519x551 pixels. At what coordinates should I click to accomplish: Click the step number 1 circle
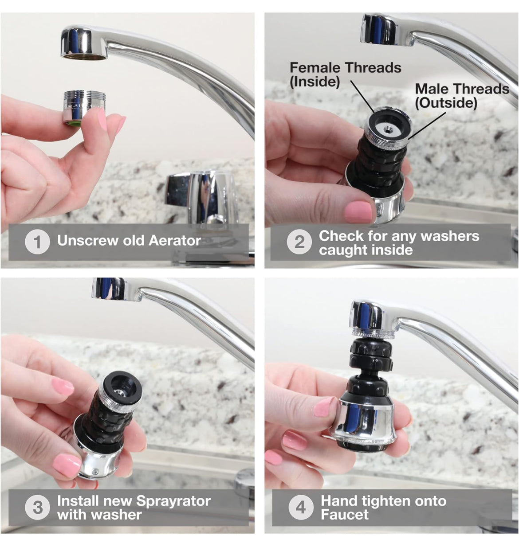click(x=37, y=242)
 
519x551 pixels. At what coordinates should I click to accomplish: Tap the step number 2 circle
click(x=299, y=242)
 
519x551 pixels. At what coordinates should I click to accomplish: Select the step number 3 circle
click(x=37, y=508)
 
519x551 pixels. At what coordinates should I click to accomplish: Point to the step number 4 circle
click(x=301, y=508)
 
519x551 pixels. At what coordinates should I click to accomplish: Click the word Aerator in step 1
click(x=175, y=241)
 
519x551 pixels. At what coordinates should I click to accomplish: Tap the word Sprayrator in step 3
click(x=173, y=501)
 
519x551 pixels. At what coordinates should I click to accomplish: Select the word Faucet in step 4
click(x=345, y=514)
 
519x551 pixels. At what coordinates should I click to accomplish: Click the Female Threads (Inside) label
click(x=345, y=74)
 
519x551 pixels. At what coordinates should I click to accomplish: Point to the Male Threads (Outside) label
click(x=462, y=96)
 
